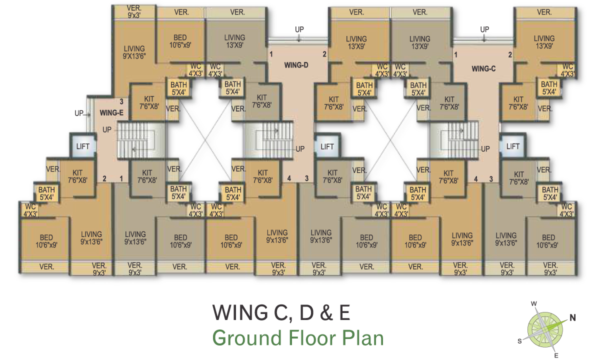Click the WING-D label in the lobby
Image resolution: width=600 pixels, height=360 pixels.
click(296, 65)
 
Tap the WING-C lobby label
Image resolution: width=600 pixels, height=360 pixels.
click(483, 69)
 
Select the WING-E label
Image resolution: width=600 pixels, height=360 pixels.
click(111, 113)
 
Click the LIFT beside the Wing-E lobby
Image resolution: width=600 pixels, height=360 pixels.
click(83, 146)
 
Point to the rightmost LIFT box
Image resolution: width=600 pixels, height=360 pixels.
click(512, 146)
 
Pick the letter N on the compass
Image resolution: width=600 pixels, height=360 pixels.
click(572, 317)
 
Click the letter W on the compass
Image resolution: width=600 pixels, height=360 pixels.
click(534, 304)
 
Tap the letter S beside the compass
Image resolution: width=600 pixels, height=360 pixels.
click(519, 341)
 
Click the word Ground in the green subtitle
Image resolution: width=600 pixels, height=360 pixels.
click(246, 338)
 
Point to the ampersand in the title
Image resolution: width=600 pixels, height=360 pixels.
click(326, 312)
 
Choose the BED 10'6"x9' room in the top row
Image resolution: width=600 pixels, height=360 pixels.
click(180, 41)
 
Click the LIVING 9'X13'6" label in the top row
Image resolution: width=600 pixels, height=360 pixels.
click(134, 52)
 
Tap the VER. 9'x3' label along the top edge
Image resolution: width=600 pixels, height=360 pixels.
click(134, 12)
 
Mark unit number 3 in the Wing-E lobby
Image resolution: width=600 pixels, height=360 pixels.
click(121, 101)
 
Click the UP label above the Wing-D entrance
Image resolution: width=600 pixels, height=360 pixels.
click(299, 29)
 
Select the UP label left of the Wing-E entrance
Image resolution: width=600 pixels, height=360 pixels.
click(79, 113)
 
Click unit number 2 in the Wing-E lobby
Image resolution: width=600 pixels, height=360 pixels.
click(104, 178)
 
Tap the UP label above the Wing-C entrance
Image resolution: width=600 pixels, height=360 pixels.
click(484, 29)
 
